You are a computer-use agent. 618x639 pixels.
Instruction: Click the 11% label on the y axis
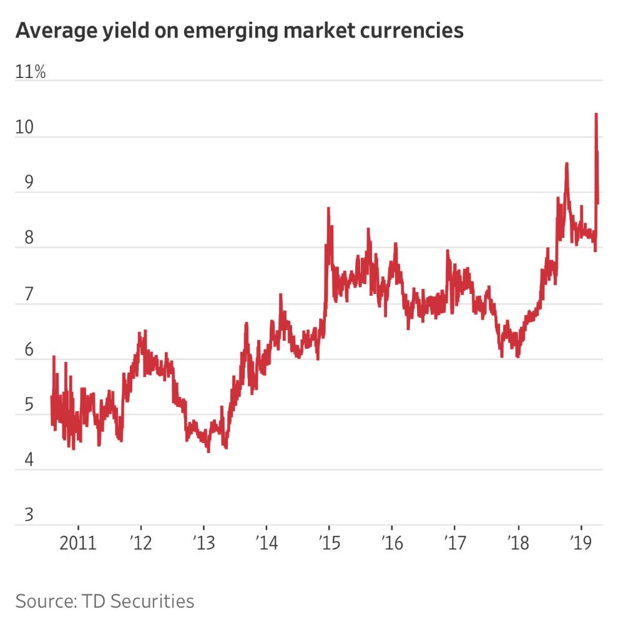31,72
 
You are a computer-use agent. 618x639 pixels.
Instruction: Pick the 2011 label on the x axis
78,543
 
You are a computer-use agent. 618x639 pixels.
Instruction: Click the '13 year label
204,543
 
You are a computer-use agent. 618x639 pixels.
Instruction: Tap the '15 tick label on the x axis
329,543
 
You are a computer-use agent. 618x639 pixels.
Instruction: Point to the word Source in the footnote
43,602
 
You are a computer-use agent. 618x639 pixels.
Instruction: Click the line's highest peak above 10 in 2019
596,114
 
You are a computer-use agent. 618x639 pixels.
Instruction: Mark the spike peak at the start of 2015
328,208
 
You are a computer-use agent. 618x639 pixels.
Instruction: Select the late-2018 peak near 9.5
566,163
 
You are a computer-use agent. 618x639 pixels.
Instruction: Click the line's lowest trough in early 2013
208,451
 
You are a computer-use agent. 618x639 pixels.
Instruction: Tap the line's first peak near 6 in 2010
54,356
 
